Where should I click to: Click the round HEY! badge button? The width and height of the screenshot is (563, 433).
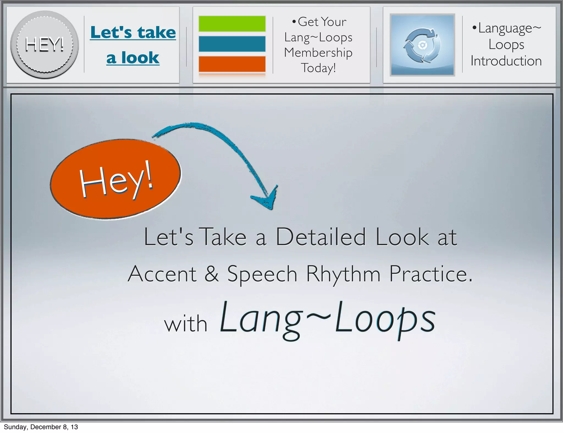(45, 45)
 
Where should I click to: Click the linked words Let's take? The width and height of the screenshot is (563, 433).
(133, 32)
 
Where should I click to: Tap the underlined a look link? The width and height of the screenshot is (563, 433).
(133, 58)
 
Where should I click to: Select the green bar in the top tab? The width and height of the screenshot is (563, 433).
(232, 24)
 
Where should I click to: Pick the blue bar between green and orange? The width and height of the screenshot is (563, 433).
(232, 44)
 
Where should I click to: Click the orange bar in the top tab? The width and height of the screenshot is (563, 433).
(232, 64)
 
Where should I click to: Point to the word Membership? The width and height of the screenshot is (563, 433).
(318, 52)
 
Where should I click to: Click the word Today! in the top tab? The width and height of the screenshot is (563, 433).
(318, 68)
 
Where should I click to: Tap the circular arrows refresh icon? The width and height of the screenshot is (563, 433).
(422, 45)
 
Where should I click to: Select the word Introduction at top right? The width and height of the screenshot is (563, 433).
(506, 61)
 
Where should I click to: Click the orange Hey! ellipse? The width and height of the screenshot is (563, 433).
(115, 179)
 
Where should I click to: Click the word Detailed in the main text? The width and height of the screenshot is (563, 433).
(321, 237)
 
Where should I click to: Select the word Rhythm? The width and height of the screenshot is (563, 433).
(343, 274)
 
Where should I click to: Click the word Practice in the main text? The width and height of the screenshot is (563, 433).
(427, 274)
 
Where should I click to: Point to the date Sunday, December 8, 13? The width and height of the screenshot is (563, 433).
(41, 427)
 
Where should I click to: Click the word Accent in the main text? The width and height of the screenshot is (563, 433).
(162, 274)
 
